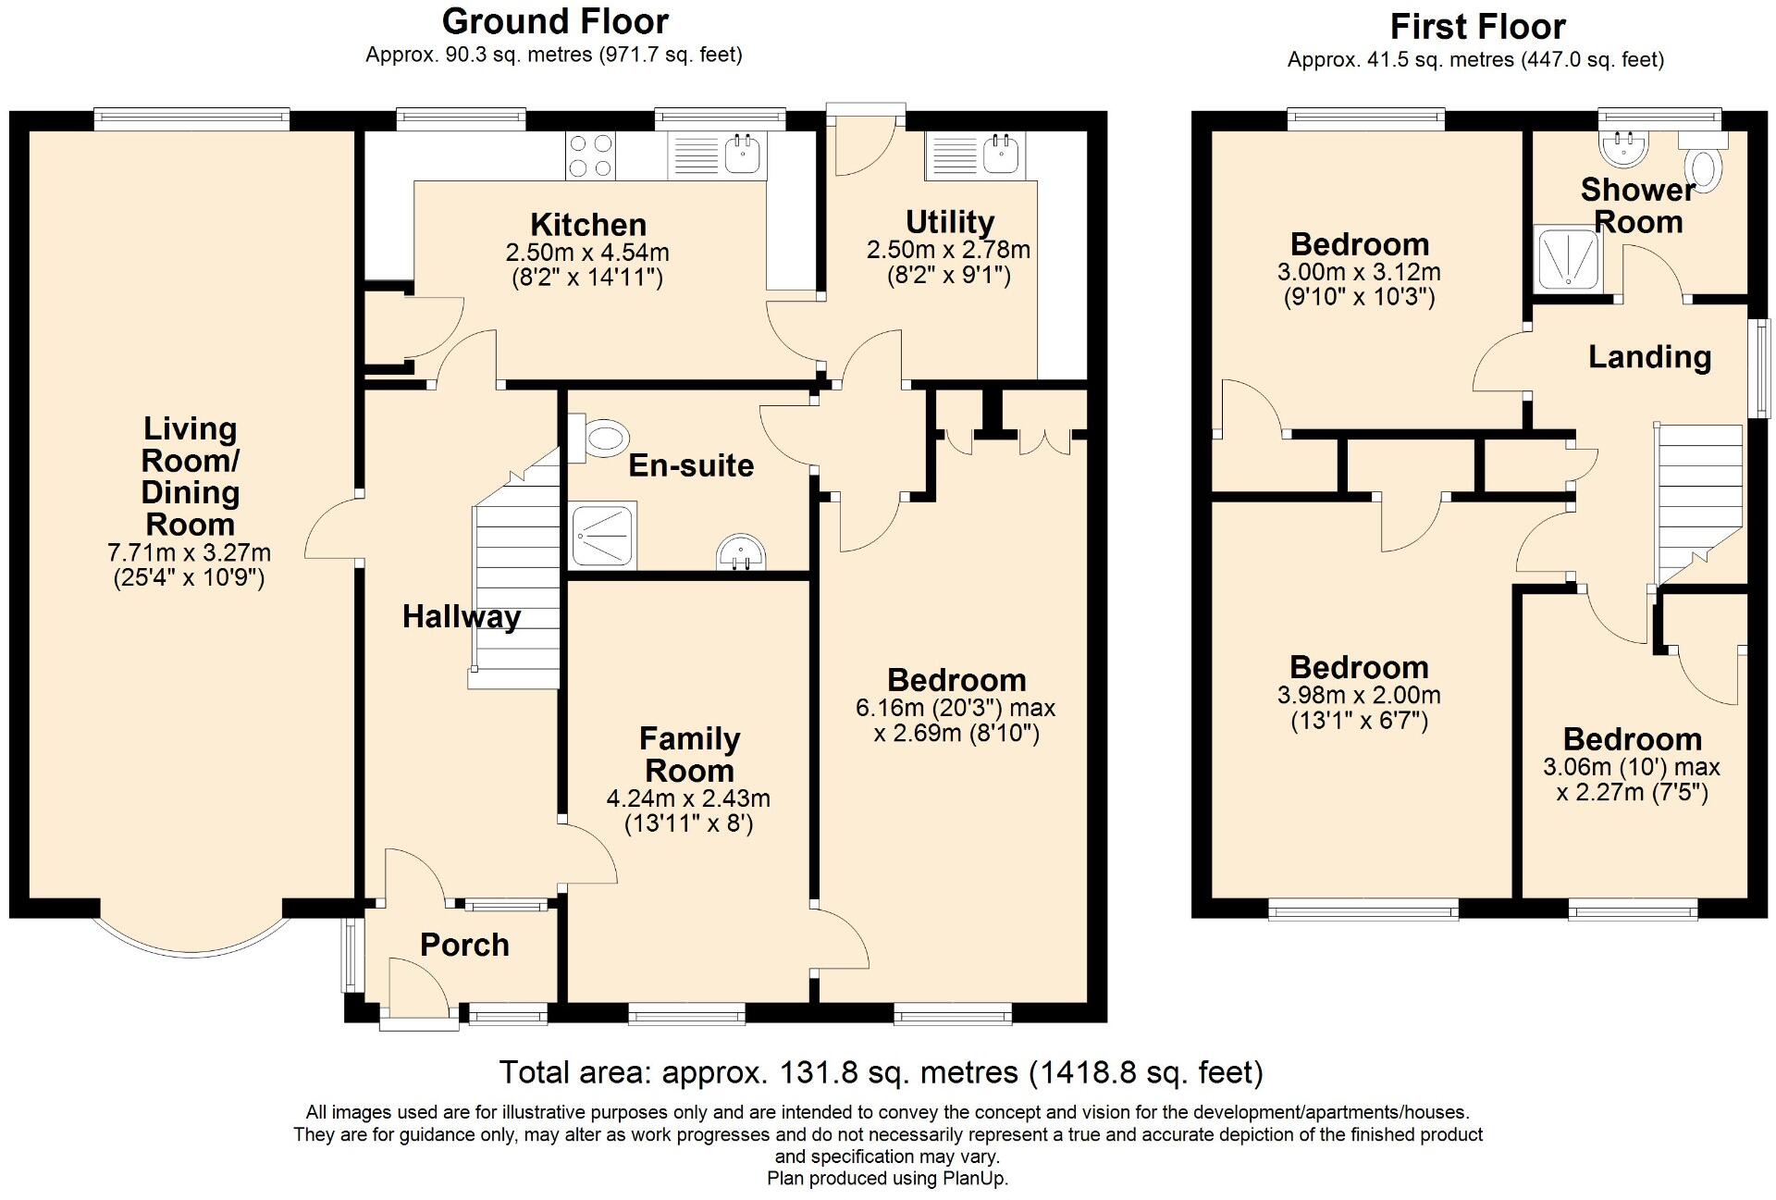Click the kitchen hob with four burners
tap(591, 155)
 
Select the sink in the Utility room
tap(973, 155)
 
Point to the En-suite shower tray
tap(603, 535)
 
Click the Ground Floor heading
tap(555, 20)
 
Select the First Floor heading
tap(1477, 26)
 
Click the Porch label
tap(464, 945)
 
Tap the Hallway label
tap(462, 617)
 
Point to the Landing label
tap(1649, 357)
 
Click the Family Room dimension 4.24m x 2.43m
tap(688, 798)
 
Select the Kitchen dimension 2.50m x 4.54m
tap(587, 253)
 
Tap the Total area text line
tap(881, 1072)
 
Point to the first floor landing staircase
tap(1698, 504)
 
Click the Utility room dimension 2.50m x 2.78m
tap(948, 250)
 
